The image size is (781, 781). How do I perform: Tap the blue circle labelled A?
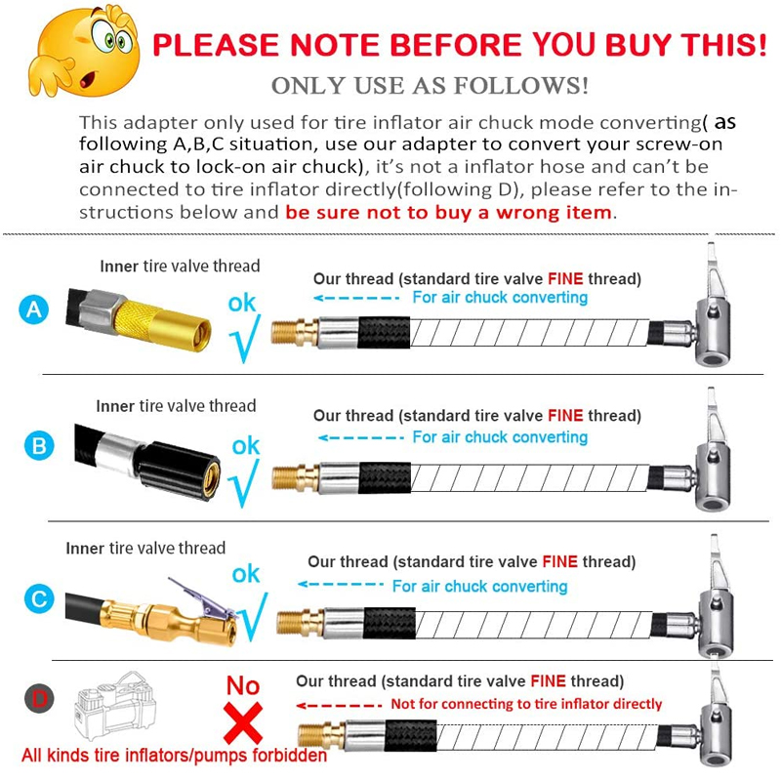(x=34, y=309)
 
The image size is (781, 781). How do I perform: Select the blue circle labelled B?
(x=39, y=446)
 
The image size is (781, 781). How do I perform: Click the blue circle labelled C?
(x=39, y=598)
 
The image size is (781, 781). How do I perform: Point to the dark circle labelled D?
(x=39, y=698)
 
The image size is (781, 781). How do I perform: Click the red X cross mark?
(x=243, y=722)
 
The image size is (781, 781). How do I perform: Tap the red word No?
(x=243, y=685)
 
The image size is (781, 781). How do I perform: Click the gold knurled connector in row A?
(x=162, y=324)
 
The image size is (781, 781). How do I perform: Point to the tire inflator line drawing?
(x=114, y=706)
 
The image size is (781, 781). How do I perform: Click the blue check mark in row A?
(x=245, y=339)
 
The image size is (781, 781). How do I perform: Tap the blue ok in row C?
(x=246, y=574)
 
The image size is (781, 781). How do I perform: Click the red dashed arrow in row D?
(x=339, y=705)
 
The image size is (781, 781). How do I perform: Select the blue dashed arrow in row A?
(x=356, y=298)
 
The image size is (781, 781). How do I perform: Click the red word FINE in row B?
(x=565, y=416)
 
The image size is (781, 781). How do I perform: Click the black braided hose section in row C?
(x=390, y=623)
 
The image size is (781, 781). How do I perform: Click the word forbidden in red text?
(x=289, y=755)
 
